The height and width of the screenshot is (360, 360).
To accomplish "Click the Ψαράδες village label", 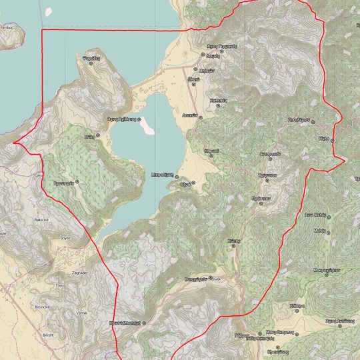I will [91, 59].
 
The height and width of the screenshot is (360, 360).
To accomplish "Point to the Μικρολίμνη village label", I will [163, 173].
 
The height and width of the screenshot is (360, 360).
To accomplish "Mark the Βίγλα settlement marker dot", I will [332, 140].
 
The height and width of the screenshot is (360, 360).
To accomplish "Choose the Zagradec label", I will [79, 273].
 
